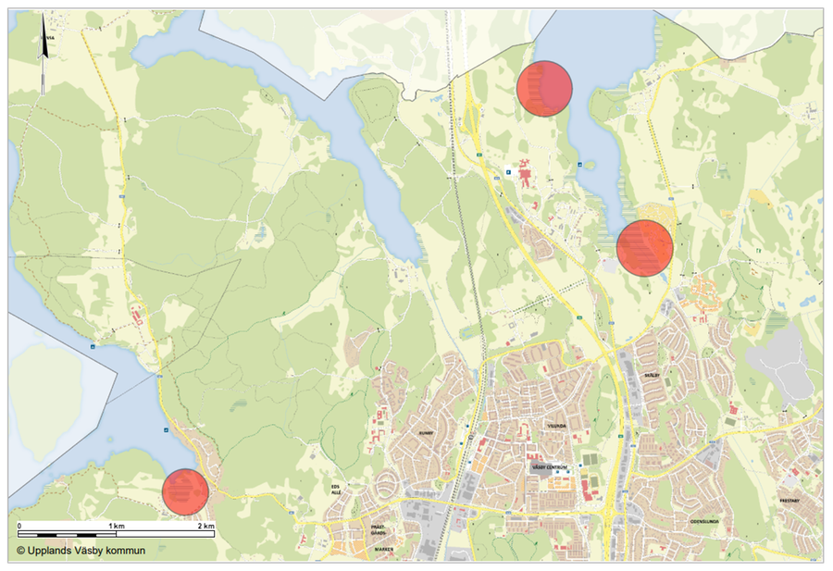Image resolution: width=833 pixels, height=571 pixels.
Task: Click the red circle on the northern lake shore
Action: pyautogui.click(x=545, y=88)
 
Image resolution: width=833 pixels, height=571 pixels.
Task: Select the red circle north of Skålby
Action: pyautogui.click(x=644, y=248)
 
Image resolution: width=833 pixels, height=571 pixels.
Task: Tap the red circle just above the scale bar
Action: pyautogui.click(x=185, y=491)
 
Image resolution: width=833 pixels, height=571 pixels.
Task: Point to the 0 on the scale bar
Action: pyautogui.click(x=19, y=526)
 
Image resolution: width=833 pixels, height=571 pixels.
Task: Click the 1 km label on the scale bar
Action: pyautogui.click(x=117, y=526)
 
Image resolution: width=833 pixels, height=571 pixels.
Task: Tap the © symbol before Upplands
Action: pyautogui.click(x=19, y=551)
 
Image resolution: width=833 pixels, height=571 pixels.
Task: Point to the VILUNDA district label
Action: pyautogui.click(x=555, y=427)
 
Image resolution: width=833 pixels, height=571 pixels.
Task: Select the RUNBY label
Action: pyautogui.click(x=426, y=432)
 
